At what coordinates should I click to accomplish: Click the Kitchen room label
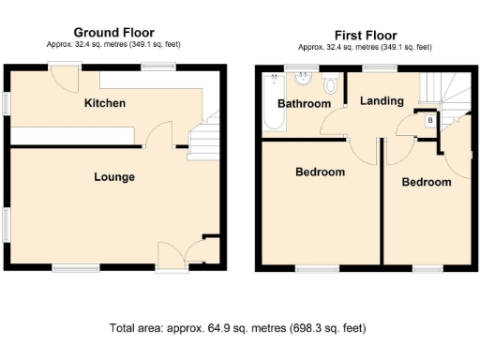click(x=104, y=103)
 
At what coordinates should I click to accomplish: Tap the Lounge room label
click(x=113, y=176)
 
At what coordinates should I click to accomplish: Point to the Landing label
click(x=382, y=101)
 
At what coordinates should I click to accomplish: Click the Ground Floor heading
click(x=114, y=33)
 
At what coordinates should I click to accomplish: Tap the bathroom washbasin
click(x=303, y=80)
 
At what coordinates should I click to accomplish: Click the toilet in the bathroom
click(x=329, y=85)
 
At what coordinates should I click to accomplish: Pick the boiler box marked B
click(x=430, y=121)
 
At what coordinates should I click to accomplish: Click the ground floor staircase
click(x=203, y=141)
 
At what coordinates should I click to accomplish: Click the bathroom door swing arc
click(x=335, y=123)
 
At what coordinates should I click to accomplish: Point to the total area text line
click(x=238, y=328)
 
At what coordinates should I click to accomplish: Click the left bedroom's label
click(x=320, y=172)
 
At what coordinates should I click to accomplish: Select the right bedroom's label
click(x=426, y=183)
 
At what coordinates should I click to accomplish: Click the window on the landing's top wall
click(x=379, y=67)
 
